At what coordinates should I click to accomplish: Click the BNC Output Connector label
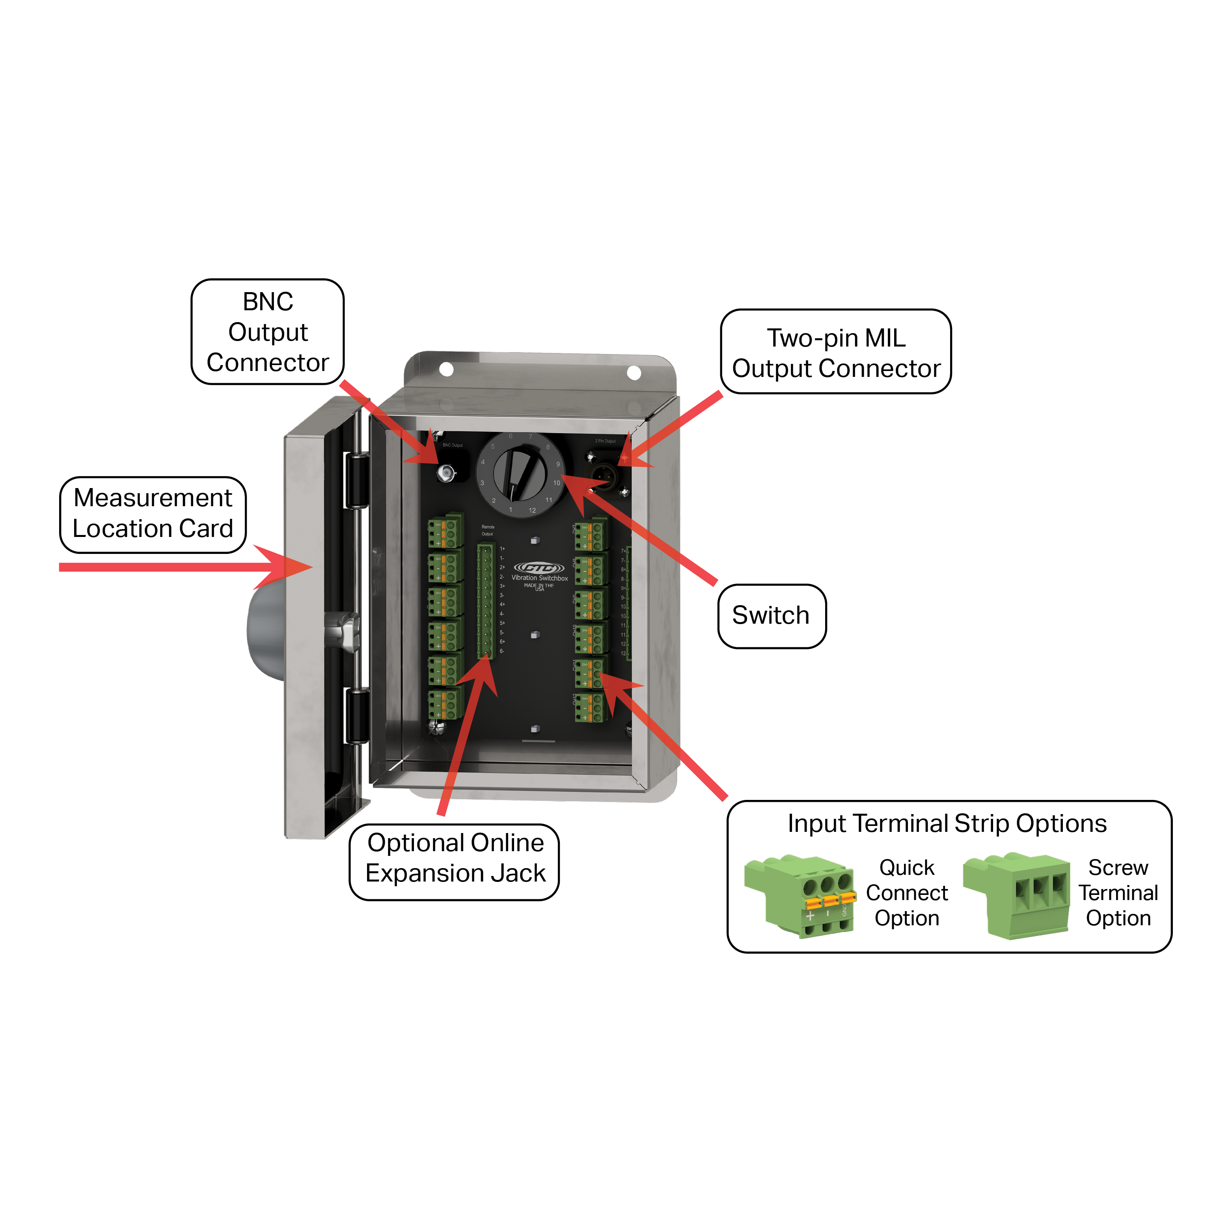pos(267,332)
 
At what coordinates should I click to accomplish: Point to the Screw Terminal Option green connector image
pos(1017,896)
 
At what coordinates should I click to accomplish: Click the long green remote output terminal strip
pos(486,601)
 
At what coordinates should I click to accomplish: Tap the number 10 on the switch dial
pos(557,483)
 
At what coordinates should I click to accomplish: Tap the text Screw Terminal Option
pos(1118,893)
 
